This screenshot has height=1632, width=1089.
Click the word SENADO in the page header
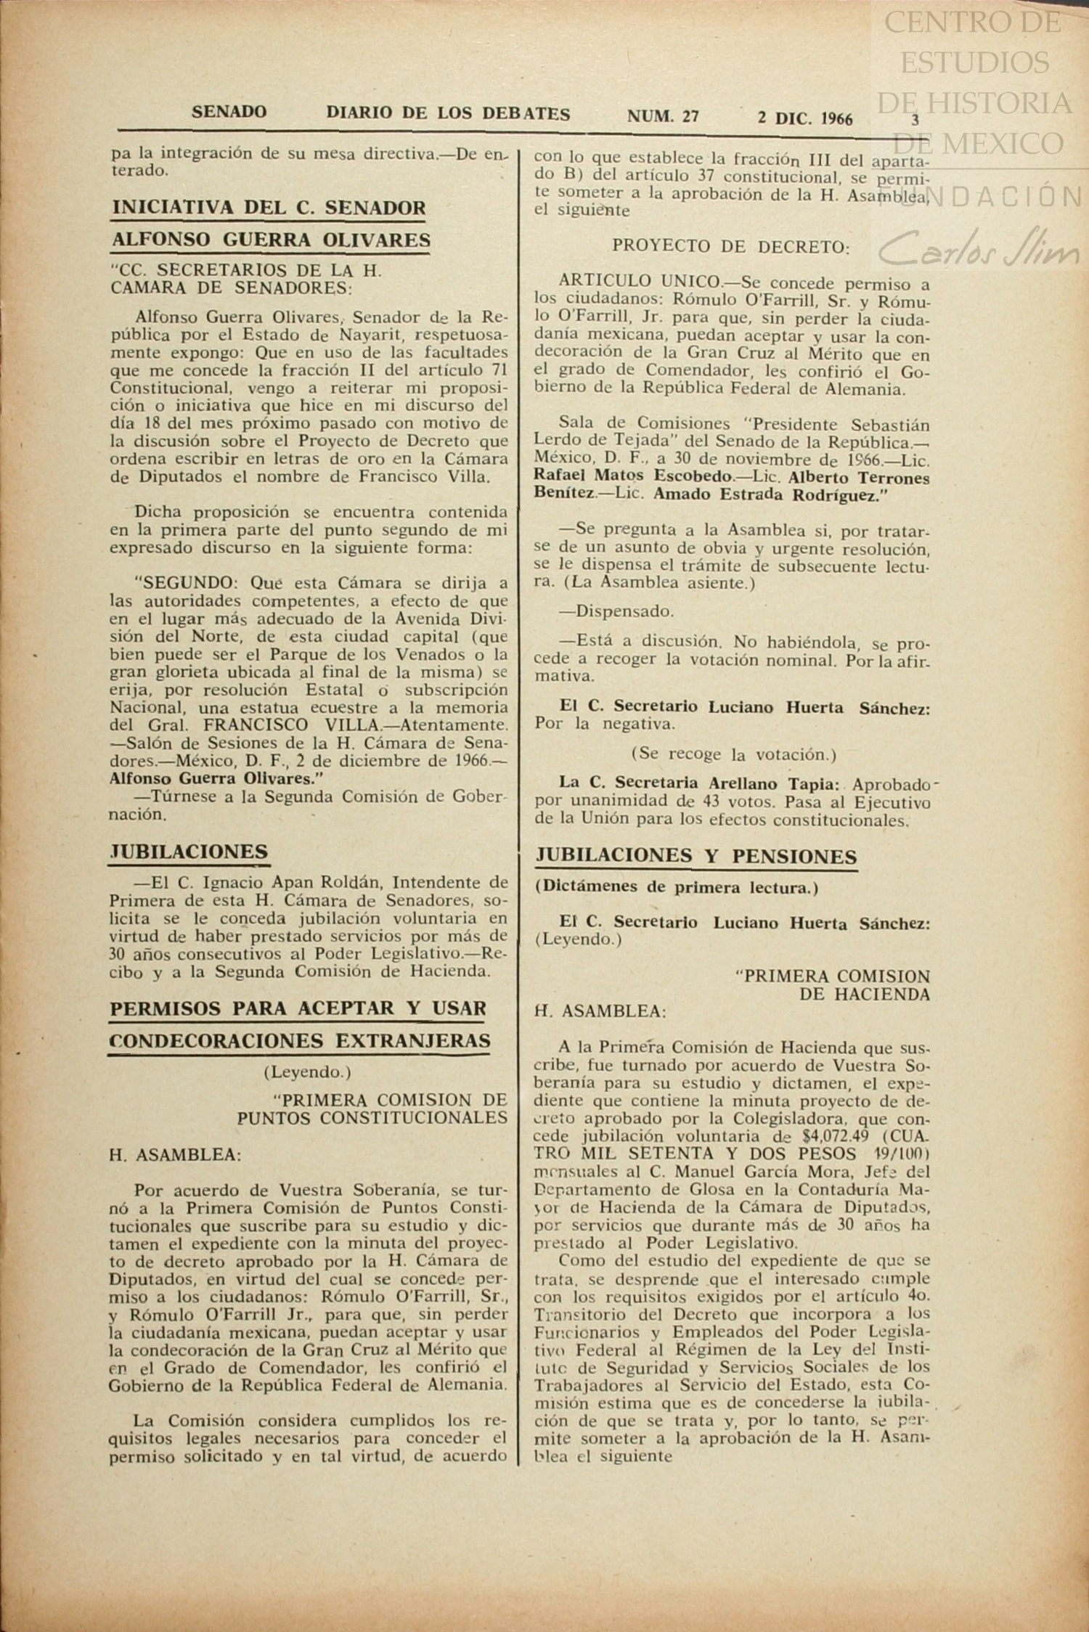tap(229, 113)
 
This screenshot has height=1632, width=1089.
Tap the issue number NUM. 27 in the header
tap(663, 115)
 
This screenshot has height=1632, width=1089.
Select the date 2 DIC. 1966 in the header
tap(805, 118)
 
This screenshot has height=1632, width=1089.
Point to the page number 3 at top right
tap(915, 120)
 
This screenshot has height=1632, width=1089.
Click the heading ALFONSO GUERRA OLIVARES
tap(270, 240)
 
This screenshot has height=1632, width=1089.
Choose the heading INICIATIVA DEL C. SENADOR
tap(269, 208)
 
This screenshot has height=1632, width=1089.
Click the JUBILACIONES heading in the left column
tap(189, 852)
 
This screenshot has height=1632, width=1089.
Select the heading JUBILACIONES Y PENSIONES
tap(696, 857)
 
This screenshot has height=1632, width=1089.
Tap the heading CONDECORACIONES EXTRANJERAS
tap(299, 1040)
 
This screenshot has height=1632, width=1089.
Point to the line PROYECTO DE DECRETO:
tap(730, 246)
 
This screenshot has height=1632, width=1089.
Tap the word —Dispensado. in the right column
tap(616, 611)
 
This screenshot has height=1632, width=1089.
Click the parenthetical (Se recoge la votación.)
tap(733, 754)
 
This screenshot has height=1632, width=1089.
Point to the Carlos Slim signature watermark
tap(980, 250)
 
